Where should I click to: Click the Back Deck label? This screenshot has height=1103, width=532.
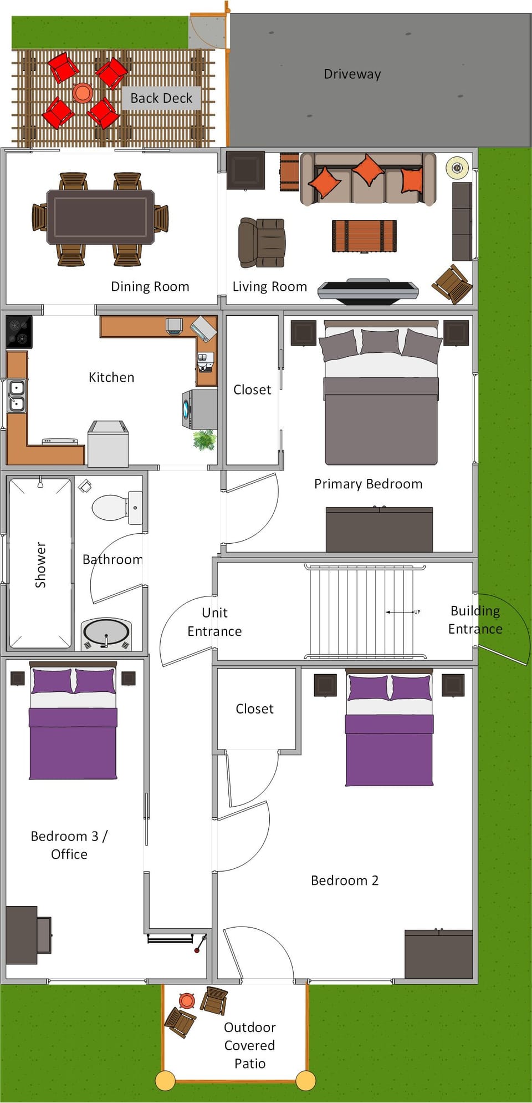(x=161, y=98)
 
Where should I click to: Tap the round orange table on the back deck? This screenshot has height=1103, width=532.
(x=83, y=92)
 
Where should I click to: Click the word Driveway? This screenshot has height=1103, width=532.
(x=352, y=74)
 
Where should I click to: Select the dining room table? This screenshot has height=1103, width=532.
(x=100, y=217)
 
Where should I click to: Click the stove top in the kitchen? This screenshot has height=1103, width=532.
(x=19, y=332)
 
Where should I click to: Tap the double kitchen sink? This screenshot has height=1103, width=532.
(x=17, y=396)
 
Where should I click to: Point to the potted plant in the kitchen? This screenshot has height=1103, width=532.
(x=204, y=439)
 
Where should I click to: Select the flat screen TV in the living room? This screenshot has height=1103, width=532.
(x=367, y=290)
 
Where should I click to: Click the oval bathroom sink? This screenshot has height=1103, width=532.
(x=106, y=633)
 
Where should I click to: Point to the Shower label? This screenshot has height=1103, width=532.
(x=40, y=564)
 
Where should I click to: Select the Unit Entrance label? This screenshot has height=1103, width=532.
(x=214, y=622)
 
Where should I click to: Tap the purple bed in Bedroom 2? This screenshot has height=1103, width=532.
(x=389, y=738)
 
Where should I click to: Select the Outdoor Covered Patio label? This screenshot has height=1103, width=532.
(x=249, y=1045)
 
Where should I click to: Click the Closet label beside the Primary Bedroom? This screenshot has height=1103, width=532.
(x=252, y=389)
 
